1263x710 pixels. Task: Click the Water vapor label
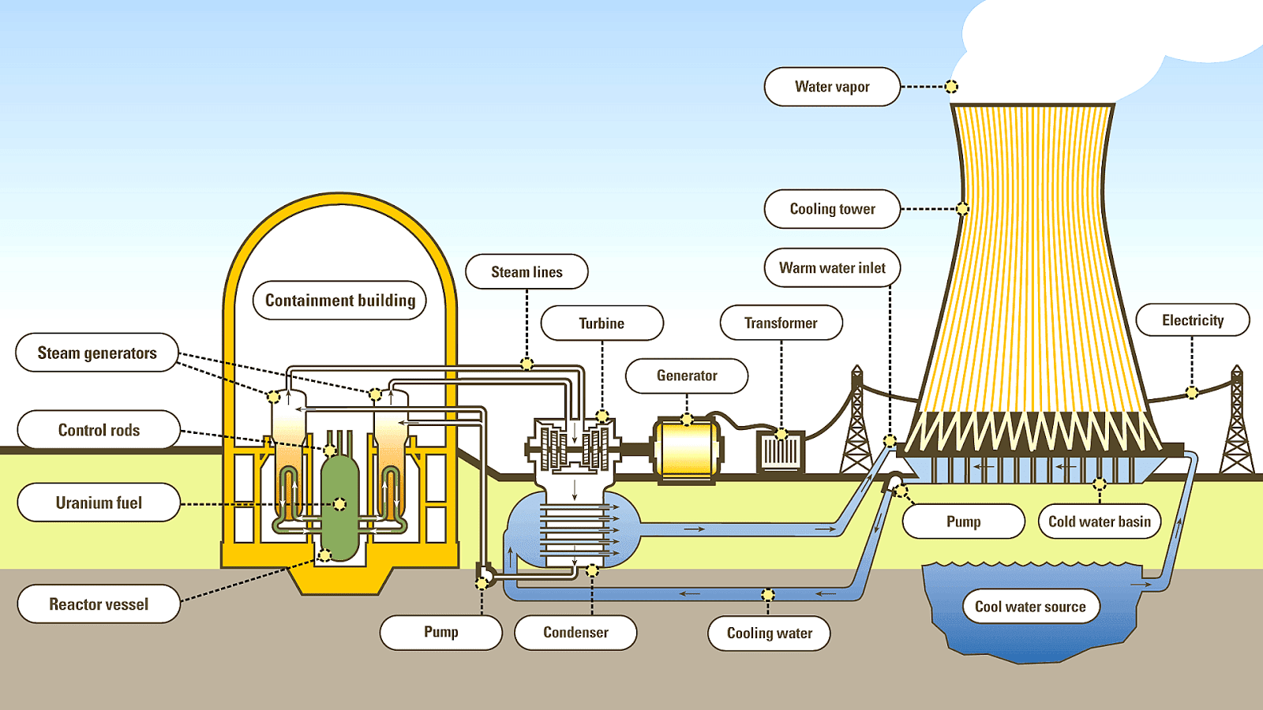coord(832,87)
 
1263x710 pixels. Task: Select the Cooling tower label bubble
coord(832,209)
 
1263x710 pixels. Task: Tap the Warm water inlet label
coord(832,268)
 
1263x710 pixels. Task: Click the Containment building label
coord(339,301)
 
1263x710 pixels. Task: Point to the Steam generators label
coord(97,353)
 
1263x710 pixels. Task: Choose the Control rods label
coord(99,430)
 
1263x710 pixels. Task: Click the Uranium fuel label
coord(99,503)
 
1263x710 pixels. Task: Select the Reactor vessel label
coord(99,604)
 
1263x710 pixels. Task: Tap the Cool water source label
coord(1030,607)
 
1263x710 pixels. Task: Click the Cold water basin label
coord(1099,521)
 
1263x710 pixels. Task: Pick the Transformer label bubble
coord(781,323)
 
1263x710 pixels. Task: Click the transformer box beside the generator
coord(780,452)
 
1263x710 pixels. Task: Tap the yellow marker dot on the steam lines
coord(527,364)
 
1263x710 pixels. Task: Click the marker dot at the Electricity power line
coord(1192,392)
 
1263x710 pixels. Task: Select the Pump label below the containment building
coord(440,632)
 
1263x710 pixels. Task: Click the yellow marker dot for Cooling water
coord(768,594)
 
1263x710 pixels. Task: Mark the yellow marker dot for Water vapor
coord(951,87)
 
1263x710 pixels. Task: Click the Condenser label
coord(575,633)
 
